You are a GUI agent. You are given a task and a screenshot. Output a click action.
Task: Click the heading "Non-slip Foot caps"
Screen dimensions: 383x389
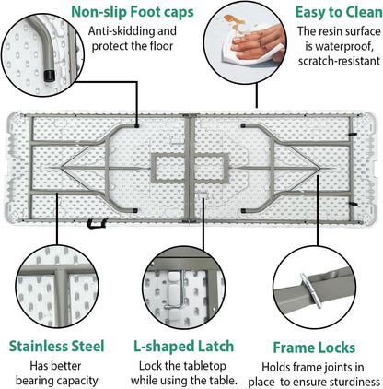[133, 12]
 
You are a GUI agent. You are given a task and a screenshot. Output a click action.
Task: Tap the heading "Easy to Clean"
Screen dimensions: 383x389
[339, 12]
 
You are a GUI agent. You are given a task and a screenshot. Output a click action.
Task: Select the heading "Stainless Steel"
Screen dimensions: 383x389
[57, 346]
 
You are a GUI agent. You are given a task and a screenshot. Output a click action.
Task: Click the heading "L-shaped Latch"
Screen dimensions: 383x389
[183, 347]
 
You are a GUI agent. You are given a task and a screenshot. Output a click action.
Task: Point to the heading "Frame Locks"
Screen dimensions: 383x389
[314, 348]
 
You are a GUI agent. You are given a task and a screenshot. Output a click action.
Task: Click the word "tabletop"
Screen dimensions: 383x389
[204, 366]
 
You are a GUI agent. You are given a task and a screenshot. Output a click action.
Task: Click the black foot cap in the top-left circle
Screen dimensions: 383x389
[49, 76]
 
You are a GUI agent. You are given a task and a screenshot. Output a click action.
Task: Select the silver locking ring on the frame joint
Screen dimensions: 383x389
[311, 290]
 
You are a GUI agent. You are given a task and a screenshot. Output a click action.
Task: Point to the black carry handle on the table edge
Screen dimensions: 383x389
[97, 223]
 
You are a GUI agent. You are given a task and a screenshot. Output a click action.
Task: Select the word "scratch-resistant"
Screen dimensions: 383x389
[339, 61]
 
